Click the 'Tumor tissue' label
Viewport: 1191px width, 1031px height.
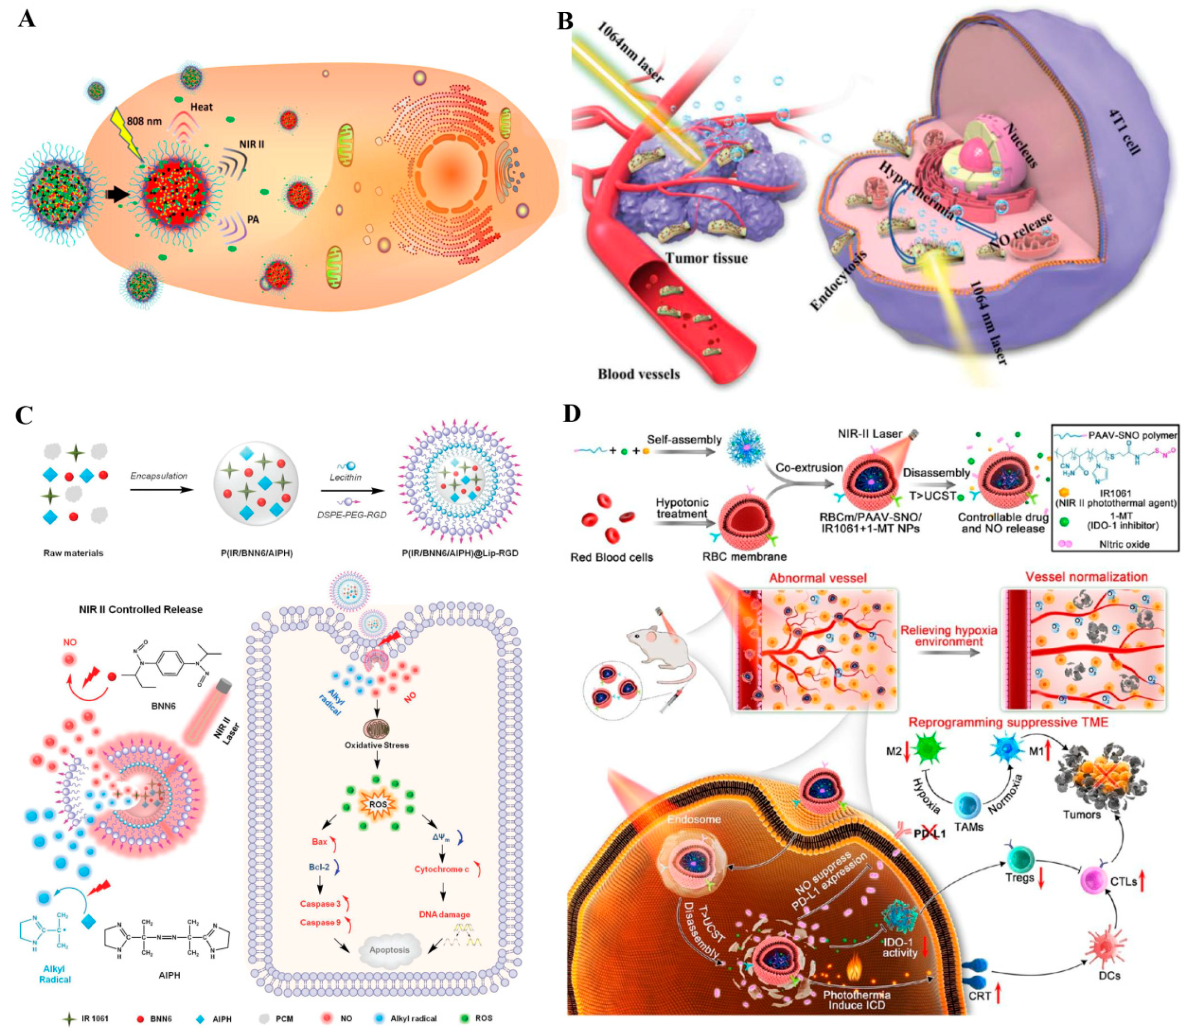707,258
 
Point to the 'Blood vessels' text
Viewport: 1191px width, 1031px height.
639,374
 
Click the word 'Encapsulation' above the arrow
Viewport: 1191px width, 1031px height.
159,476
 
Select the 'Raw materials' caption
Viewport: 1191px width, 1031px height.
74,553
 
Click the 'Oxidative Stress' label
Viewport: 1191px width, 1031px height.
377,745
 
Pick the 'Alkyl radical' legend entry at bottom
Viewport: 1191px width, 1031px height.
413,1018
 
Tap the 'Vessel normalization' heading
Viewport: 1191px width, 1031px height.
1087,577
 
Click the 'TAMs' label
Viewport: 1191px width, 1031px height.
968,827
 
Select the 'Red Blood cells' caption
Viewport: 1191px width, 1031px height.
612,557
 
